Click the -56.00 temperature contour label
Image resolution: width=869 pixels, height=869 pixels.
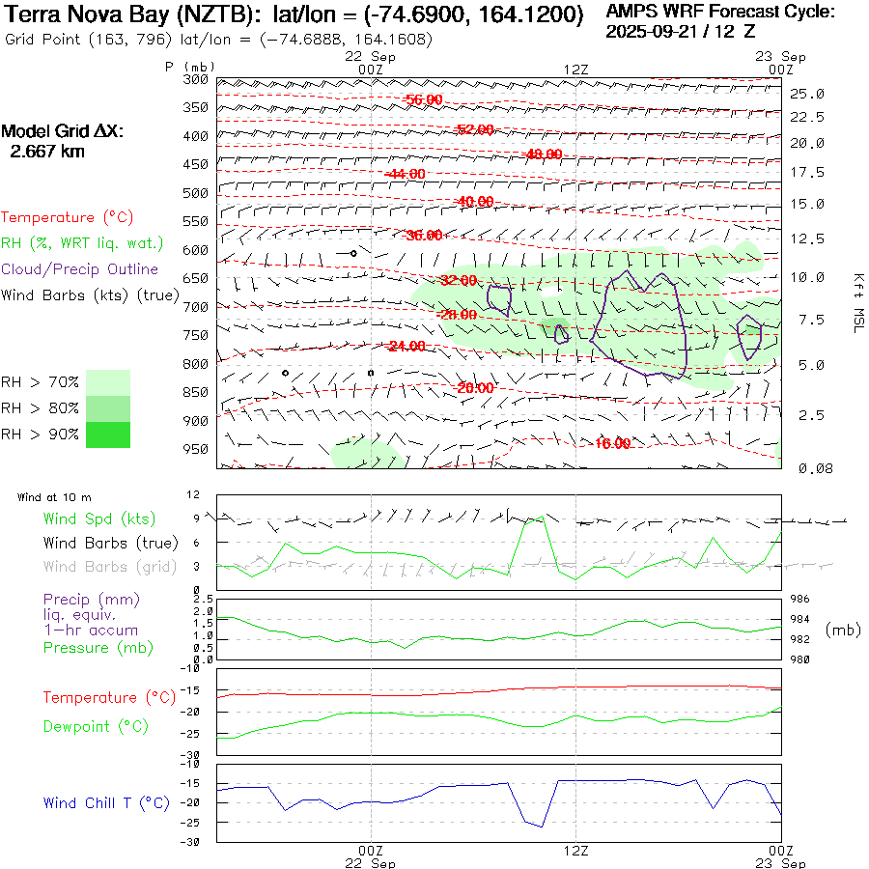(x=424, y=100)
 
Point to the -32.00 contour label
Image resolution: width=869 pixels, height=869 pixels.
(x=458, y=281)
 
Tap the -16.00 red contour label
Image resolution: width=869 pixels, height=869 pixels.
(x=612, y=444)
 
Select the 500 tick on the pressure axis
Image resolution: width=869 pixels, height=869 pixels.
(x=196, y=193)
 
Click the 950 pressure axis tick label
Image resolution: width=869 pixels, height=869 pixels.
(x=196, y=449)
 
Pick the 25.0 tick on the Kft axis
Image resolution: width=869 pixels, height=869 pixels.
(x=807, y=94)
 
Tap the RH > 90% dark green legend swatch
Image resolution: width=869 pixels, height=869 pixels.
(x=108, y=434)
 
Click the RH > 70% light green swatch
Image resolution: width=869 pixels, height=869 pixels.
(x=108, y=382)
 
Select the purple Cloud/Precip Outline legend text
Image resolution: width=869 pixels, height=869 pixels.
(x=79, y=269)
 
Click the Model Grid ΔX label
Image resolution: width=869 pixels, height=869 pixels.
(x=63, y=131)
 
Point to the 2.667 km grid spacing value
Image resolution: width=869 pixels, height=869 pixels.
(x=46, y=152)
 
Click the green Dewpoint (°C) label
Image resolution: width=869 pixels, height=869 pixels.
(x=96, y=726)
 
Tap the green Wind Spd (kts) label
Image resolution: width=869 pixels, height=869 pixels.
(x=98, y=519)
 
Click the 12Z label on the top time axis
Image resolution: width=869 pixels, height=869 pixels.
(x=575, y=69)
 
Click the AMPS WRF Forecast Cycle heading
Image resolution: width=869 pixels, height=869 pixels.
(x=720, y=13)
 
